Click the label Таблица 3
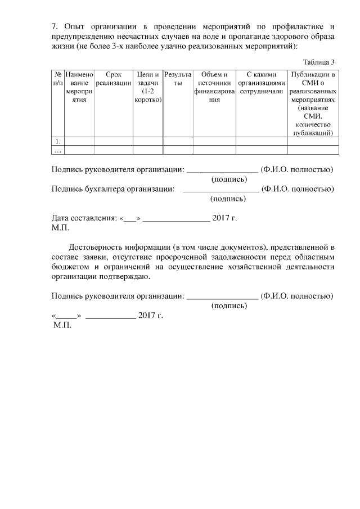(x=318, y=62)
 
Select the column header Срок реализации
(x=113, y=78)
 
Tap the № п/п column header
(x=58, y=78)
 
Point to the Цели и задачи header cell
(x=148, y=87)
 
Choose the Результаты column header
(x=178, y=78)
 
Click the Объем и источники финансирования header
(x=214, y=87)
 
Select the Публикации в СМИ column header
(x=312, y=103)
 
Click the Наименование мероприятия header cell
(x=79, y=87)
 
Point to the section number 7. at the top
(x=55, y=26)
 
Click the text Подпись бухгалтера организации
(x=112, y=189)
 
